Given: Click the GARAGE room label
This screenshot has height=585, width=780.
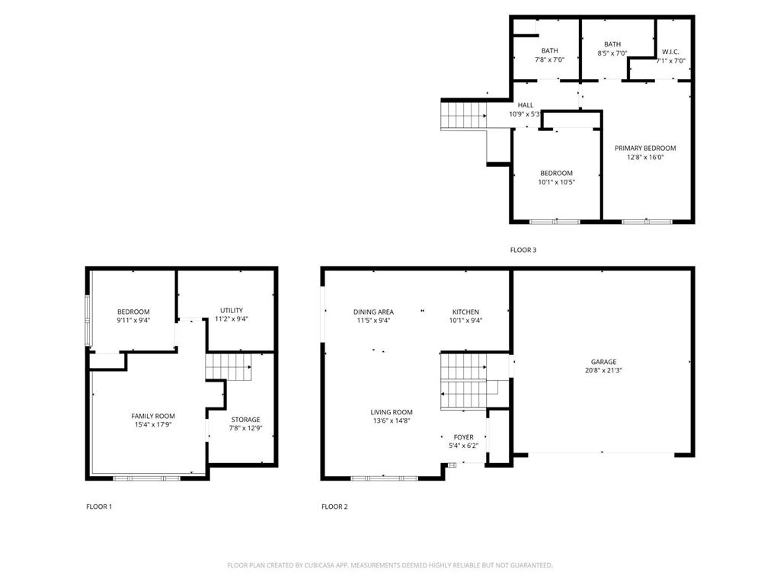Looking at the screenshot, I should [x=603, y=362].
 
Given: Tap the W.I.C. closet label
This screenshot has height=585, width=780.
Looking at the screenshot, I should [x=670, y=52].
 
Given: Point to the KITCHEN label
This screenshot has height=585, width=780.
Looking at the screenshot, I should [x=465, y=312].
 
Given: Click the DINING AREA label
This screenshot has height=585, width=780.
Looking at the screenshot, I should [x=373, y=312].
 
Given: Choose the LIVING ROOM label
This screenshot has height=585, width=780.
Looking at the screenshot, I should [x=392, y=412].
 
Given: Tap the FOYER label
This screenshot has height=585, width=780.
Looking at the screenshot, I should [x=463, y=437].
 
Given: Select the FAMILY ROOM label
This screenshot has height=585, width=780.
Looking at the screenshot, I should [x=153, y=416].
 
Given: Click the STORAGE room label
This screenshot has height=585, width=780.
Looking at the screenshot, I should [x=245, y=420].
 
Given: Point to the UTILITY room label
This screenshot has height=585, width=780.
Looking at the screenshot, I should [x=232, y=310].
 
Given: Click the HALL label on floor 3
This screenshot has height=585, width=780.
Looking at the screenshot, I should [x=526, y=105].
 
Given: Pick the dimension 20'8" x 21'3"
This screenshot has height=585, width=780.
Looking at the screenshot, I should [x=603, y=370].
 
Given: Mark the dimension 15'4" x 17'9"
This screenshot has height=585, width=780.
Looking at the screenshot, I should [x=153, y=425].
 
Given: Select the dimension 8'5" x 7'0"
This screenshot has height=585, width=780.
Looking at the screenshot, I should [x=612, y=53].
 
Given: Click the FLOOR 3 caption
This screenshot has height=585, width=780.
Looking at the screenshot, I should [x=523, y=250].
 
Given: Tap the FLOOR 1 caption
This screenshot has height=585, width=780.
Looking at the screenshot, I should [x=99, y=507].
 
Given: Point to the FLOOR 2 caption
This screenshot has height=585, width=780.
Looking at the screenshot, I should [x=334, y=507].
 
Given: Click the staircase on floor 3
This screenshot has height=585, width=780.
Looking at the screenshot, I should [x=463, y=117].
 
